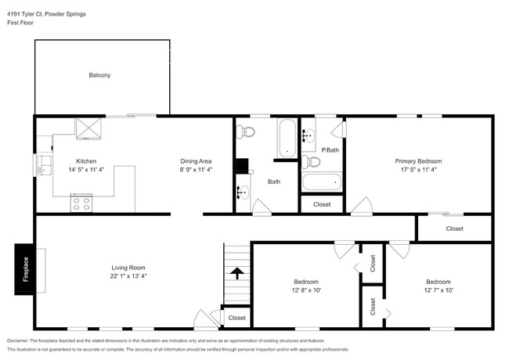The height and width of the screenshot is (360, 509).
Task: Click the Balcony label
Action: tap(99, 75)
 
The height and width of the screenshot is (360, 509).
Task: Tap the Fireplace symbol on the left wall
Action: tap(25, 269)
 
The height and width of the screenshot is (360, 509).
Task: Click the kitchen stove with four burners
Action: tap(81, 203)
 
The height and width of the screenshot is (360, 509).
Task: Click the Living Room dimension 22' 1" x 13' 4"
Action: tap(128, 275)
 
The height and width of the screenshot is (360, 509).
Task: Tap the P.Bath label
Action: tap(330, 149)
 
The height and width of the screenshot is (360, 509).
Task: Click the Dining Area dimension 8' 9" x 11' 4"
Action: tap(197, 169)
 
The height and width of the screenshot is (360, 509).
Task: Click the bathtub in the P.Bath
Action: tap(322, 182)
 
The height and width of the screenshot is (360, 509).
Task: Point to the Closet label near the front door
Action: tap(237, 319)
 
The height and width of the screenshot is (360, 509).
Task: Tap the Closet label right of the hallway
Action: tap(454, 229)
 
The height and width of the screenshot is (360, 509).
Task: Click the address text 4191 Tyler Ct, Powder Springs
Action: tap(47, 14)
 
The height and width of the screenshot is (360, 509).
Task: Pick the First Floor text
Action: tap(22, 23)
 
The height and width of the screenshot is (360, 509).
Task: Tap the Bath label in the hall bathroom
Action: tap(274, 182)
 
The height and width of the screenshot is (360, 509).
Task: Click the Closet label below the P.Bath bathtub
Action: tap(322, 204)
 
